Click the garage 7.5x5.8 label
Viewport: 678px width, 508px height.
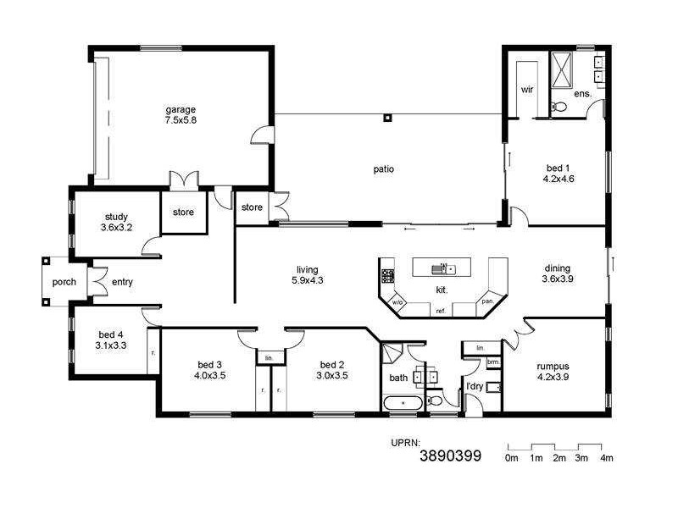click(181, 115)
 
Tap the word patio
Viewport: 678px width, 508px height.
click(384, 168)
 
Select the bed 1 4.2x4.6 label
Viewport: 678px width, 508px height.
click(559, 174)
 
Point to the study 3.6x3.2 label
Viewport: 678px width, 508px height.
click(116, 222)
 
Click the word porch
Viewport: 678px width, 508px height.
click(64, 282)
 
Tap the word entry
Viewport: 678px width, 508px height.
click(122, 282)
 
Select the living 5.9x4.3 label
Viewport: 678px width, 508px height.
click(308, 274)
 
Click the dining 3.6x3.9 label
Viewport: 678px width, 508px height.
click(559, 273)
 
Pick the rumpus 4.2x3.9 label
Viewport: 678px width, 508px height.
click(553, 372)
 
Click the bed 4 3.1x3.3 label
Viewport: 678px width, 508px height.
click(110, 340)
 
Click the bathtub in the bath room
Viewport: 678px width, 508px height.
click(402, 403)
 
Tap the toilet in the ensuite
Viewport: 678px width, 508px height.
click(558, 107)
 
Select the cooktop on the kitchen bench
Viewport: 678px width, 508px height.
click(387, 275)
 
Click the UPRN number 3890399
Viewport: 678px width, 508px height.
click(451, 456)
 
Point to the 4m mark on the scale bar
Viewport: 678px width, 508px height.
click(606, 458)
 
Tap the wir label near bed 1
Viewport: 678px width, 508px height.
click(526, 89)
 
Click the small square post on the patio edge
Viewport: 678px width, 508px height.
click(386, 118)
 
